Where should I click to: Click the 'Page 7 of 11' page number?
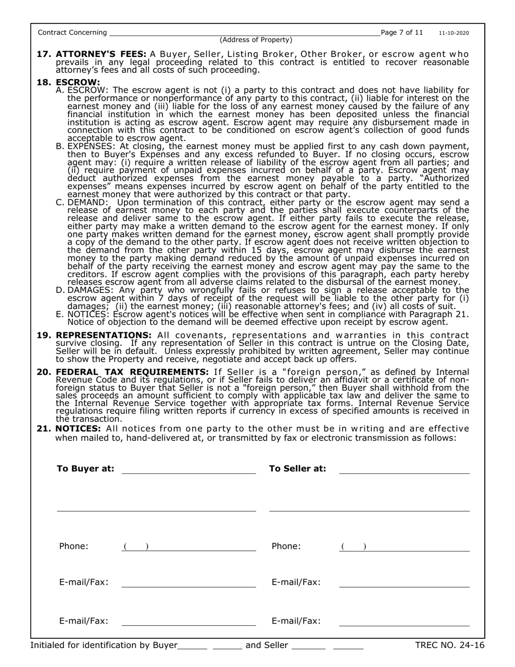[402, 33]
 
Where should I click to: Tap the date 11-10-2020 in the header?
[454, 33]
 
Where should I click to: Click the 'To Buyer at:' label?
[86, 469]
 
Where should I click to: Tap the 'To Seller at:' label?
[298, 469]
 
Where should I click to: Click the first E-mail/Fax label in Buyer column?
[83, 582]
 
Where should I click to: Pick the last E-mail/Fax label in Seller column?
[296, 621]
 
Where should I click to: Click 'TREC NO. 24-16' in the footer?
[449, 645]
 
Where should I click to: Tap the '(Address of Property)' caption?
[256, 40]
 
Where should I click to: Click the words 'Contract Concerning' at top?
[72, 33]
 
